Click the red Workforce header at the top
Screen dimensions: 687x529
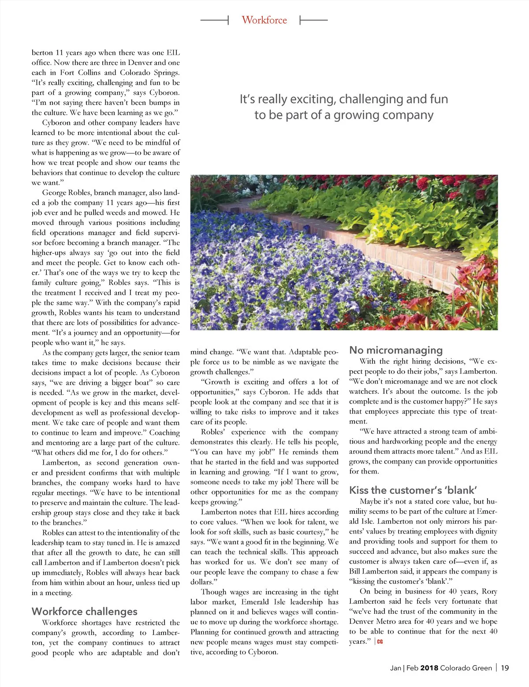[x=264, y=20]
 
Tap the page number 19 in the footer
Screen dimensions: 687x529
[x=505, y=668]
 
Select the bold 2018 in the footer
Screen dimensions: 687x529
[x=429, y=668]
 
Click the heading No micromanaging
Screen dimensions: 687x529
[x=395, y=350]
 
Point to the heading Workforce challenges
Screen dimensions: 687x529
[x=84, y=611]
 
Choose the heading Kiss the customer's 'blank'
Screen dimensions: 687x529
[x=413, y=490]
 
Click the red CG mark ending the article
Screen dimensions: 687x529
[x=380, y=642]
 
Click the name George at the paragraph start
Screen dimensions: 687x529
[x=54, y=193]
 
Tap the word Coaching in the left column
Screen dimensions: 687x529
[x=164, y=433]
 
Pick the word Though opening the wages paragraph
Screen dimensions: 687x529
[x=214, y=592]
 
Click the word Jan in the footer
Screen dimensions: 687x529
[x=395, y=668]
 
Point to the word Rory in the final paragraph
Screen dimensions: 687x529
[x=489, y=591]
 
